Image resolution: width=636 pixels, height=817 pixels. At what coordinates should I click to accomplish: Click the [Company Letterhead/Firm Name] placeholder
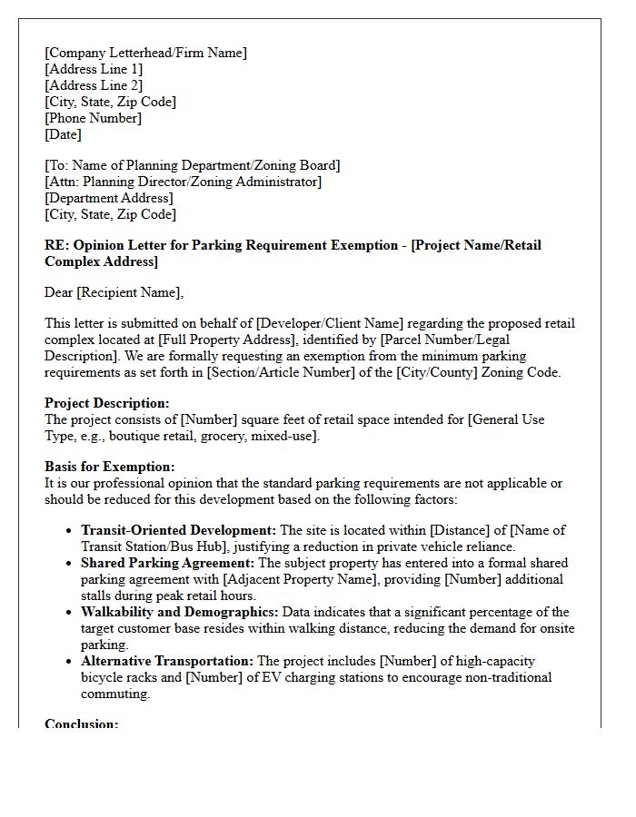tap(145, 53)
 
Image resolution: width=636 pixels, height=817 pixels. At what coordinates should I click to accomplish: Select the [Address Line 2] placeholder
tap(94, 85)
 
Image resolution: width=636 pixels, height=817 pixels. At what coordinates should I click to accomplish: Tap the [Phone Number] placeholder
tap(93, 118)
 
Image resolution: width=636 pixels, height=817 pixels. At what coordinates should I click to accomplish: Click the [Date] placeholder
tap(63, 134)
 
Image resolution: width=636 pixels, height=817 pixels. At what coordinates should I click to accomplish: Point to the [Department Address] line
tap(108, 198)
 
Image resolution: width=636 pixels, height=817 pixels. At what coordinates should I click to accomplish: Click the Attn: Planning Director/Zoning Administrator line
tap(183, 182)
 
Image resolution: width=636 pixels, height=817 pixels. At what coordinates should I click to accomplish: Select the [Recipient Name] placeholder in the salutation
tap(133, 291)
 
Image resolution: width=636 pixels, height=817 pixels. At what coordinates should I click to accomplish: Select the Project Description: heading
tap(107, 403)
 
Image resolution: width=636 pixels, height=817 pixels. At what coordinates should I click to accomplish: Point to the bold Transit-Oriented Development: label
tap(178, 530)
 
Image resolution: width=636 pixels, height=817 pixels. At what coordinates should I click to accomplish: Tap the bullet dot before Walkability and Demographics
tap(70, 613)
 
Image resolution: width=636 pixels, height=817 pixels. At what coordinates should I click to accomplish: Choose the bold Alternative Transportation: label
tap(168, 661)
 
